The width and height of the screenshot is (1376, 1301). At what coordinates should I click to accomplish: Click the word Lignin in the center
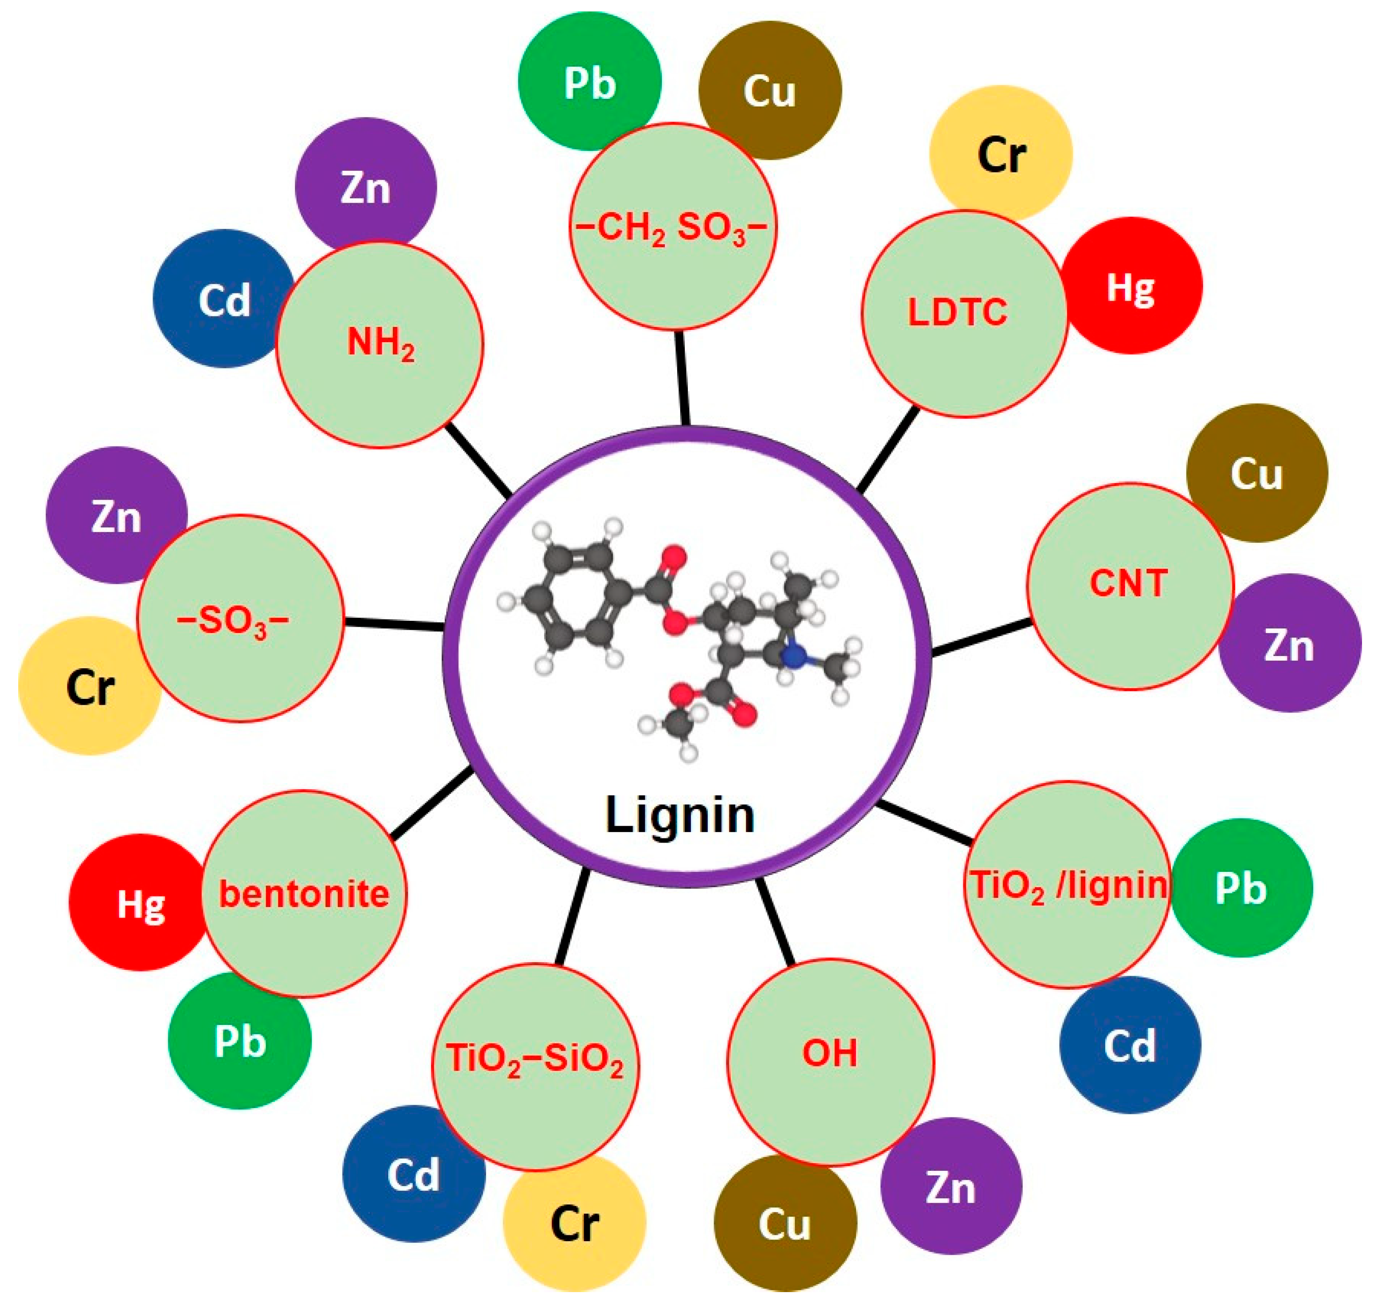680,815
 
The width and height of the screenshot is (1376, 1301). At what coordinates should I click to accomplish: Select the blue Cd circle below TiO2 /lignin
1130,1045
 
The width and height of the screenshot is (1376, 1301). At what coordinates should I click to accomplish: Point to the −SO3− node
240,619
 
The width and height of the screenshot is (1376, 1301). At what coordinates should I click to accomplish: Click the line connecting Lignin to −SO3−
394,624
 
